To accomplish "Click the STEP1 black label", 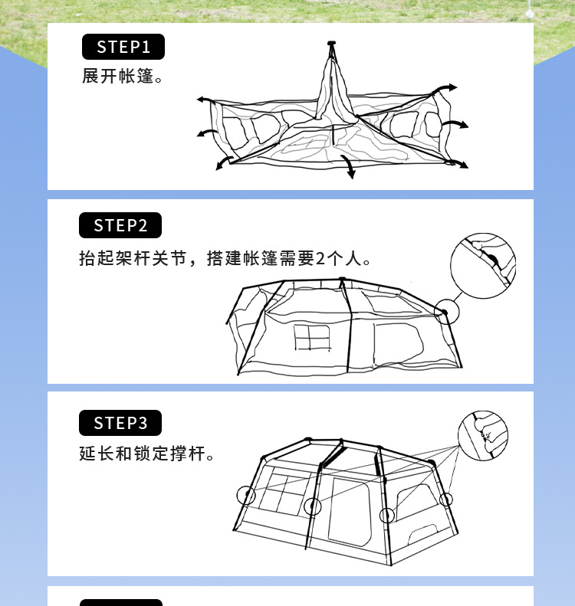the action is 123,47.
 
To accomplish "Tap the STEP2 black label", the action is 120,225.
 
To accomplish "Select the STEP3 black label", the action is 120,423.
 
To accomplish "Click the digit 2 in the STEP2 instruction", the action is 320,259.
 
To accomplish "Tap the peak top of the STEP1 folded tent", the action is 331,44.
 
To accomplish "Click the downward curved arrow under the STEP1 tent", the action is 349,166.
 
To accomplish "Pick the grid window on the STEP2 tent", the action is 311,338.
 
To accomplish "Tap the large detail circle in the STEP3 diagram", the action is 483,436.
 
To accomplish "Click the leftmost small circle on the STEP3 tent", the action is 246,495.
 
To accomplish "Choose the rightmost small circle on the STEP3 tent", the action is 446,500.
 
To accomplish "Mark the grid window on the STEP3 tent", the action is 282,492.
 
